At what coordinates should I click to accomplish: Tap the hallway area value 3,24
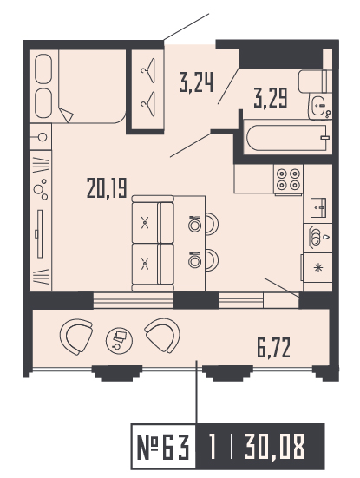pyautogui.click(x=197, y=83)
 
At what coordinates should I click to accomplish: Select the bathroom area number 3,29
pyautogui.click(x=270, y=95)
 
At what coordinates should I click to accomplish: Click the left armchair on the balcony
pyautogui.click(x=75, y=337)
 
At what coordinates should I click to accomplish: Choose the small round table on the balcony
pyautogui.click(x=117, y=341)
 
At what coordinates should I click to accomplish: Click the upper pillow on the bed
pyautogui.click(x=43, y=67)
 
